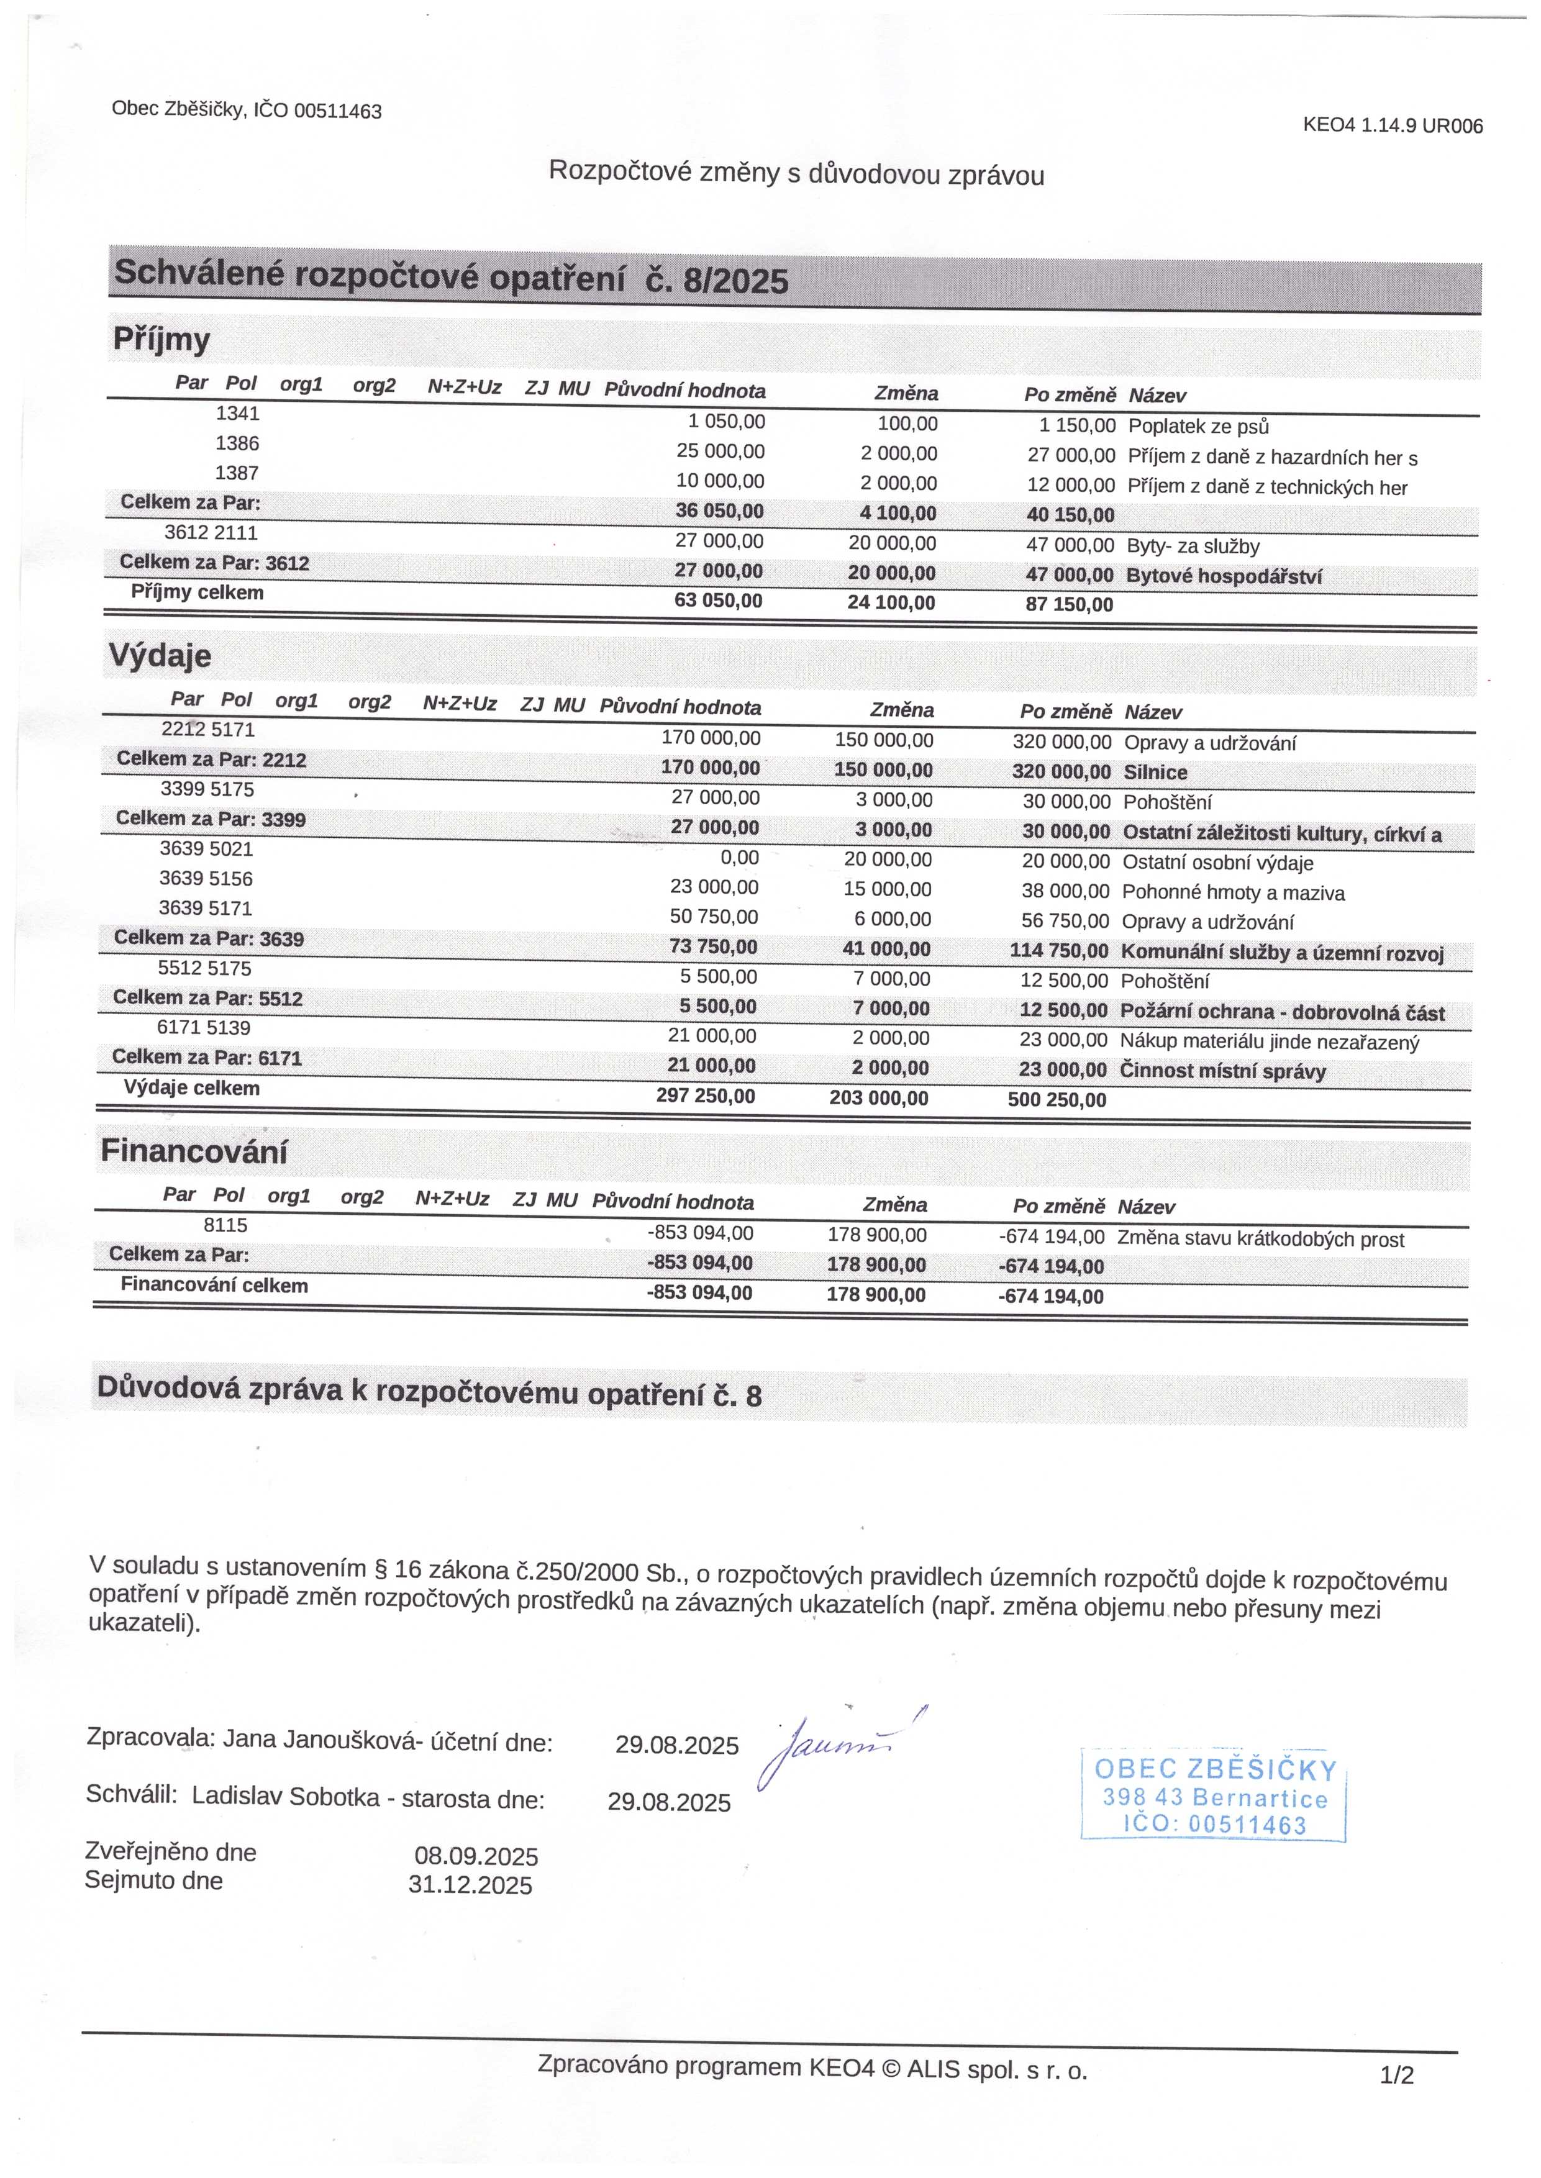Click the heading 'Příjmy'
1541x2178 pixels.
(161, 340)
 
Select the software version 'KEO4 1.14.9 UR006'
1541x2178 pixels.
(1392, 125)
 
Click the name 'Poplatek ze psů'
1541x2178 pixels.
(1198, 427)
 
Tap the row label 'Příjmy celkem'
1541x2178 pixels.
(198, 593)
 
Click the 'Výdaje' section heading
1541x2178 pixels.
(160, 655)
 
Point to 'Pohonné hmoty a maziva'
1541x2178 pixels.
(1232, 892)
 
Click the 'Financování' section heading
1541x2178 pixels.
(194, 1151)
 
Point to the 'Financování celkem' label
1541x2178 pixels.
(214, 1286)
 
